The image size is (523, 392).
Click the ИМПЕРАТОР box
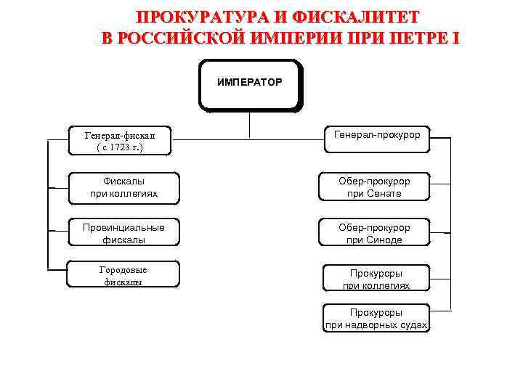pyautogui.click(x=249, y=85)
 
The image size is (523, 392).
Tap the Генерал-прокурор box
pyautogui.click(x=376, y=136)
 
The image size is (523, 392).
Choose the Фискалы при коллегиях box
pyautogui.click(x=123, y=187)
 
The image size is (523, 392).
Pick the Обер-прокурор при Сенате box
pyautogui.click(x=374, y=187)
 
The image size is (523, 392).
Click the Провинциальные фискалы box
pyautogui.click(x=123, y=233)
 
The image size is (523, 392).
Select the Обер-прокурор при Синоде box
pyautogui.click(x=374, y=233)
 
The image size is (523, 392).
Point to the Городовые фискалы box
pyautogui.click(x=123, y=276)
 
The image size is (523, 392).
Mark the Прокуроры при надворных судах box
pyautogui.click(x=376, y=319)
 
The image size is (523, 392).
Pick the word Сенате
pyautogui.click(x=385, y=194)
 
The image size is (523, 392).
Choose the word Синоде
pyautogui.click(x=385, y=240)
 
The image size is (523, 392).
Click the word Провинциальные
pyautogui.click(x=123, y=227)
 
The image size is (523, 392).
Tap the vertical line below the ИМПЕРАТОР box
pyautogui.click(x=249, y=124)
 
